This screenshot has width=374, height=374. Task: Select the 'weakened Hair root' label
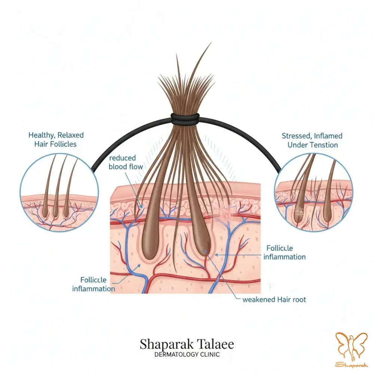click(274, 300)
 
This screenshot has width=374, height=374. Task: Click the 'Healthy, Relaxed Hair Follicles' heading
click(56, 139)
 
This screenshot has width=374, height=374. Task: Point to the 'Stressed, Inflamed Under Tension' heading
click(312, 140)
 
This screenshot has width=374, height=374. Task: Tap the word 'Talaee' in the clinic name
click(213, 344)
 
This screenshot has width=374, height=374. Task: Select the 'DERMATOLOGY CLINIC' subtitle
click(187, 355)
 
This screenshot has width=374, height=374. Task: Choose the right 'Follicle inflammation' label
click(284, 252)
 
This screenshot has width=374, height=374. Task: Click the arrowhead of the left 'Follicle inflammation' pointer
click(140, 265)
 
